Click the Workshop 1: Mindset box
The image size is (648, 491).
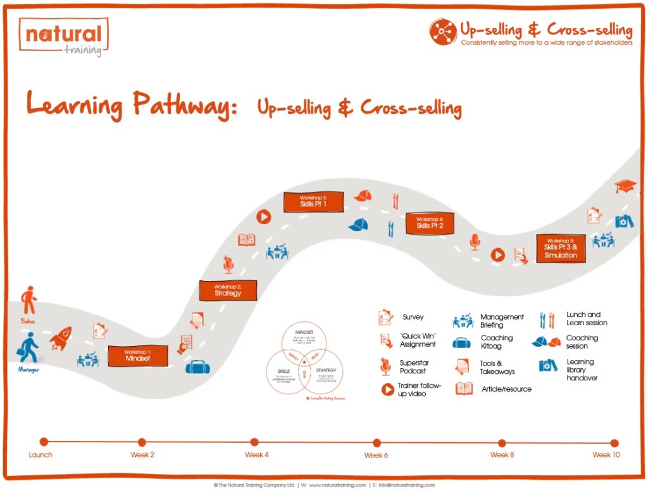(137, 356)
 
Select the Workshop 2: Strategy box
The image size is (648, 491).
(228, 290)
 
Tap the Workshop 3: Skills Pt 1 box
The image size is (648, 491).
(313, 202)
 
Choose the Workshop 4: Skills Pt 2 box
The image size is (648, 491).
(430, 223)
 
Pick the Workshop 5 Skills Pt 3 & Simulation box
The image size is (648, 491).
(561, 248)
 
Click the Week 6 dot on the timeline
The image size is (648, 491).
(377, 442)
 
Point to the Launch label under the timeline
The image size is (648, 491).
(41, 455)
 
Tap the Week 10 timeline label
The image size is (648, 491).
(606, 455)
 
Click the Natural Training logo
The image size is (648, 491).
(63, 37)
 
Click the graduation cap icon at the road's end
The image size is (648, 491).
(625, 186)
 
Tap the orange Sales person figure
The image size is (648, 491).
(28, 300)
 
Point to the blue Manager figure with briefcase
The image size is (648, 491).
(28, 347)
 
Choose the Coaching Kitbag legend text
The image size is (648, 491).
(497, 342)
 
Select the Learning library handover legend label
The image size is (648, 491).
(582, 370)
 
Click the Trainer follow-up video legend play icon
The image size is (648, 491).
(387, 390)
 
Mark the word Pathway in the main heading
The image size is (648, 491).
(180, 105)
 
